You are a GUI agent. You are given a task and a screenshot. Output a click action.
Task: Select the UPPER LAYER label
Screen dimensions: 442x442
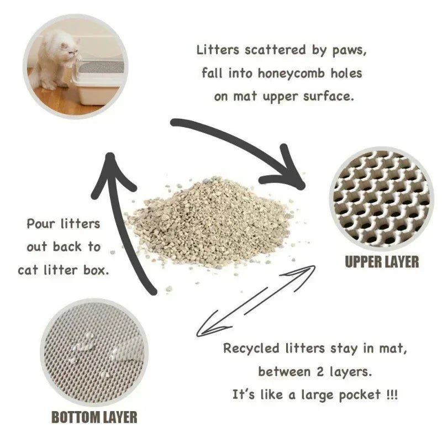pos(382,261)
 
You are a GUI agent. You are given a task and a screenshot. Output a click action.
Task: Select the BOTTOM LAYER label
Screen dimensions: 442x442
pos(94,417)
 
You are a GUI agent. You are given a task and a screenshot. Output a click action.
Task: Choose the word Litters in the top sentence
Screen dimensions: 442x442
pos(219,50)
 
